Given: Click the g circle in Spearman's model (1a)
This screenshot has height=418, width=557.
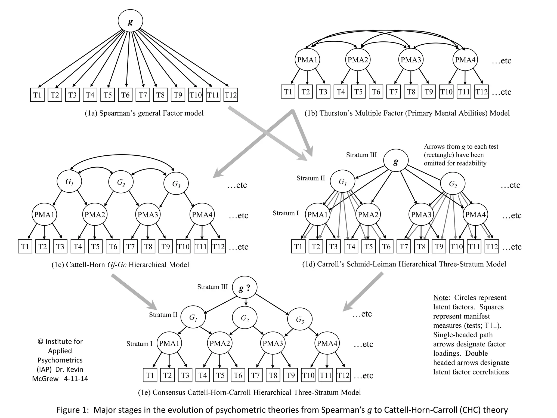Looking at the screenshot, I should tap(130, 21).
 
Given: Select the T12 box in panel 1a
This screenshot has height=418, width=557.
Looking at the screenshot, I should tap(231, 95).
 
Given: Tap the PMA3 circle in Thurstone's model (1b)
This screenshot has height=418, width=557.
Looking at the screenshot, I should tap(411, 60).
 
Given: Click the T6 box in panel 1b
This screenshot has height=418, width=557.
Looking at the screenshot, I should tap(376, 92).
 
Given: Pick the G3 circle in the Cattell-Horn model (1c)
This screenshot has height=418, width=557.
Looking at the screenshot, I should tap(176, 184).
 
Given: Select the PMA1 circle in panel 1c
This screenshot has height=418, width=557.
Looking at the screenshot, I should tap(44, 215).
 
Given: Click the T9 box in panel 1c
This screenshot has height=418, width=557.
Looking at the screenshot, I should tap(166, 247).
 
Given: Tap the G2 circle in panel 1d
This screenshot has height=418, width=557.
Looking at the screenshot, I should tap(453, 184).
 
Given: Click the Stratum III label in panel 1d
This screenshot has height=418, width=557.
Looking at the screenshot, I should tap(361, 155).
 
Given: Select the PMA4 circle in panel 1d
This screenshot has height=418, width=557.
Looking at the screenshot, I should tap(475, 215).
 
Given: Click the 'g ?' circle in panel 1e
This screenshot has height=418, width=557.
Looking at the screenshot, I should tap(245, 288).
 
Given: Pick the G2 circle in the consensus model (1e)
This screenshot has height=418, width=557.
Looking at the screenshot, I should tap(245, 318).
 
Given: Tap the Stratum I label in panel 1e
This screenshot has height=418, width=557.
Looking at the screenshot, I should tap(139, 344).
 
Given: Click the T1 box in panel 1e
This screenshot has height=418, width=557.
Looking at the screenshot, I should tap(150, 376).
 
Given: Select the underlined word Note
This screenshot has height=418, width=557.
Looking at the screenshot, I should tap(440, 298).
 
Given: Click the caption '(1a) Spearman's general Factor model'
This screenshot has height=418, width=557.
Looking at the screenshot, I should tap(144, 113).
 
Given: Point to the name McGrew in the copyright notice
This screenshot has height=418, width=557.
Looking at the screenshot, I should tap(45, 379).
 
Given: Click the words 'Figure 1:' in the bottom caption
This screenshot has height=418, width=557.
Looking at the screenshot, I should tap(73, 410).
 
